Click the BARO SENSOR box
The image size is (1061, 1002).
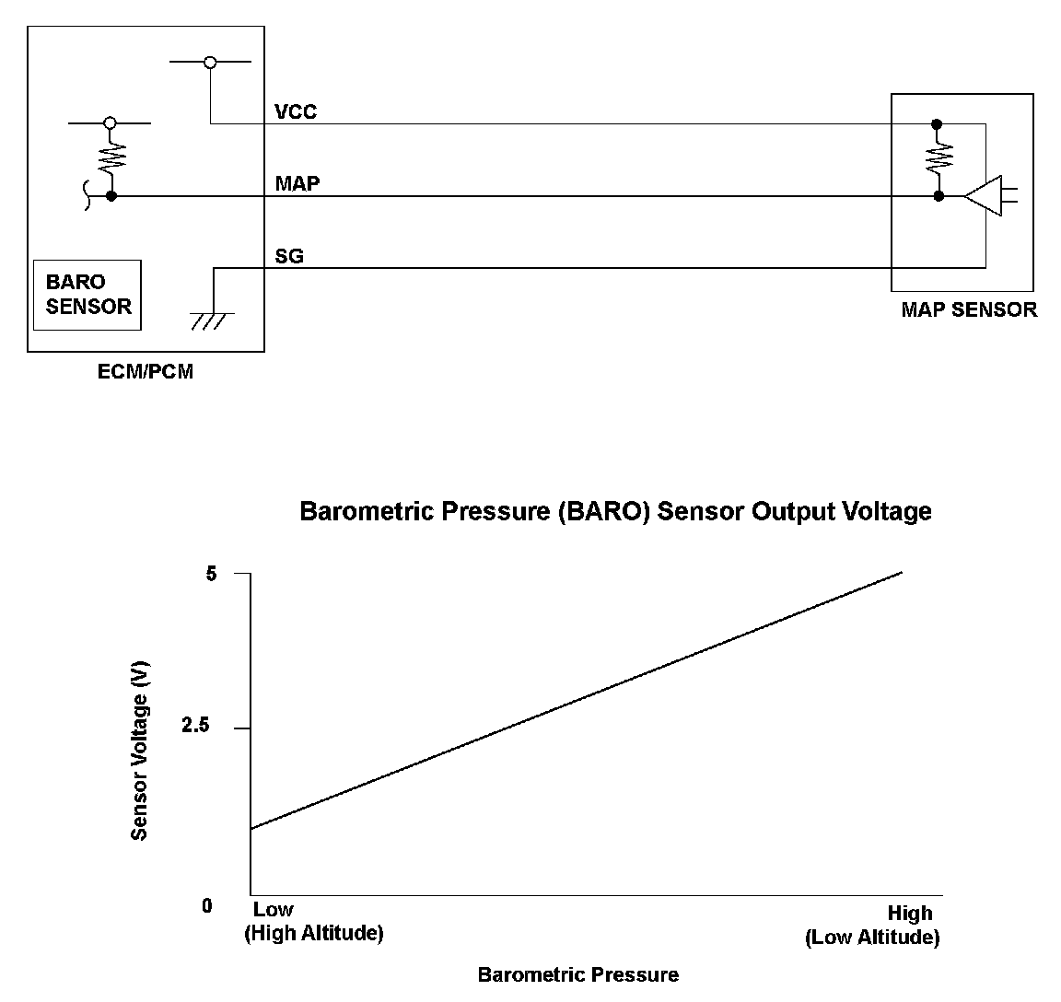coord(87,295)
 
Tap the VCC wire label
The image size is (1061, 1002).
coord(296,111)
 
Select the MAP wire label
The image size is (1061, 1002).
coord(297,183)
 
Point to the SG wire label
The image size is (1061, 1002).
coord(289,256)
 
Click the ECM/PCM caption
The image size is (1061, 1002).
coord(146,372)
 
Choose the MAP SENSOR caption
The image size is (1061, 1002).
coord(968,309)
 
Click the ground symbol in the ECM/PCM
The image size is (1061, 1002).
coord(212,320)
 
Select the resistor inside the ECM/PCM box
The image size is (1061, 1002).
coord(111,159)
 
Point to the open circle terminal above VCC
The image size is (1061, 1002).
coord(210,63)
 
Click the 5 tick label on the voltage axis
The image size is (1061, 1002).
coord(212,573)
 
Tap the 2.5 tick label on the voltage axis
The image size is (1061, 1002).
coord(196,727)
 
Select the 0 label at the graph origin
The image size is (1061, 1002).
coord(206,906)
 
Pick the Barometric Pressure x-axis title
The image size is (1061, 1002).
coord(577,974)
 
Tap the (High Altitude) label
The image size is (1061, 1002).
coord(313,933)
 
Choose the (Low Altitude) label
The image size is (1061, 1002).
coord(871,938)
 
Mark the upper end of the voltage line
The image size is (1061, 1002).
coord(901,573)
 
